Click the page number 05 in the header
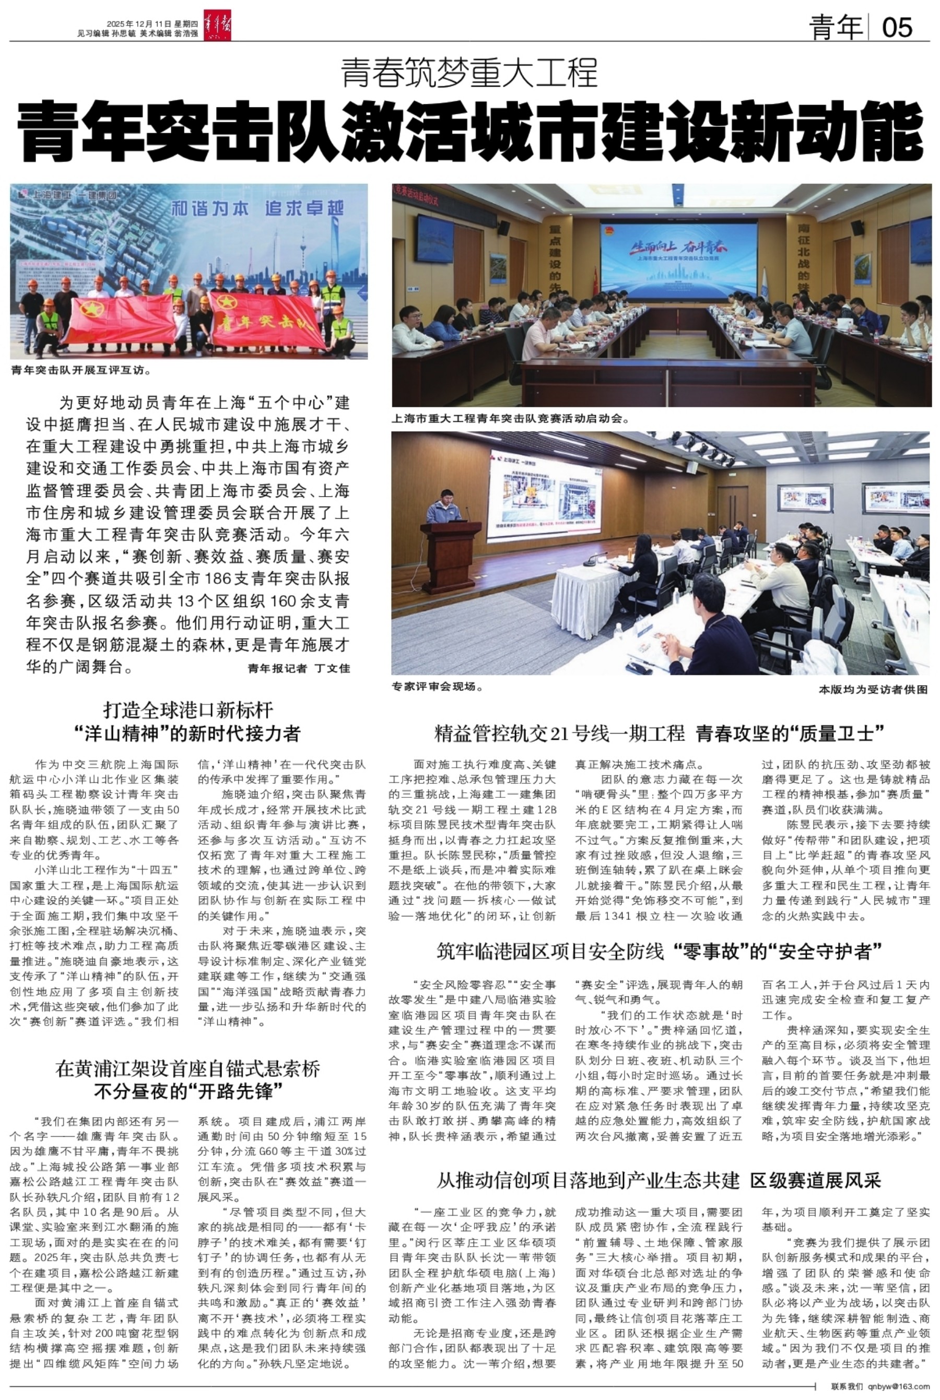point(897,28)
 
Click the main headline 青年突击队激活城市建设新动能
point(470,131)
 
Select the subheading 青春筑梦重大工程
point(469,73)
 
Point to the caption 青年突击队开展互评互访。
point(81,370)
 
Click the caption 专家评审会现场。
point(438,687)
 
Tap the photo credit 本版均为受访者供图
point(873,689)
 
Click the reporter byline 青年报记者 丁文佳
point(299,668)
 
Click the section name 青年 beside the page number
point(835,28)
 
